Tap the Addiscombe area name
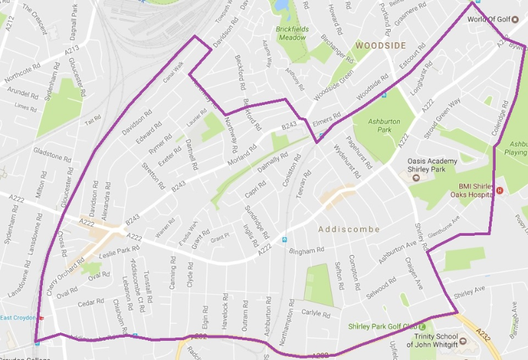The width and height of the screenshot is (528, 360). pyautogui.click(x=349, y=229)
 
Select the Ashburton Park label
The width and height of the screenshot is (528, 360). pyautogui.click(x=374, y=126)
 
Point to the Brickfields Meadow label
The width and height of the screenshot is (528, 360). pyautogui.click(x=291, y=34)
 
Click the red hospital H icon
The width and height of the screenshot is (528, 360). pyautogui.click(x=500, y=191)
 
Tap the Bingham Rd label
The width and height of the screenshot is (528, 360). pyautogui.click(x=308, y=251)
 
